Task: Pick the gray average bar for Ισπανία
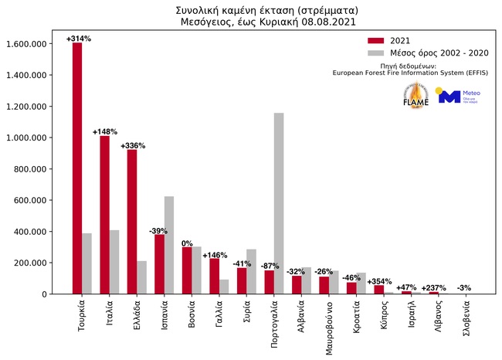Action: [x=169, y=245]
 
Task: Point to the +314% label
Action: [x=78, y=38]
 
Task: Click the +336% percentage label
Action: [x=133, y=144]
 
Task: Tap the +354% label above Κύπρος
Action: [x=379, y=281]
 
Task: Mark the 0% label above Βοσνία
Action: [x=187, y=243]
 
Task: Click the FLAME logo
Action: [x=415, y=96]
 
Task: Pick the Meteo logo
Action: [x=456, y=96]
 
